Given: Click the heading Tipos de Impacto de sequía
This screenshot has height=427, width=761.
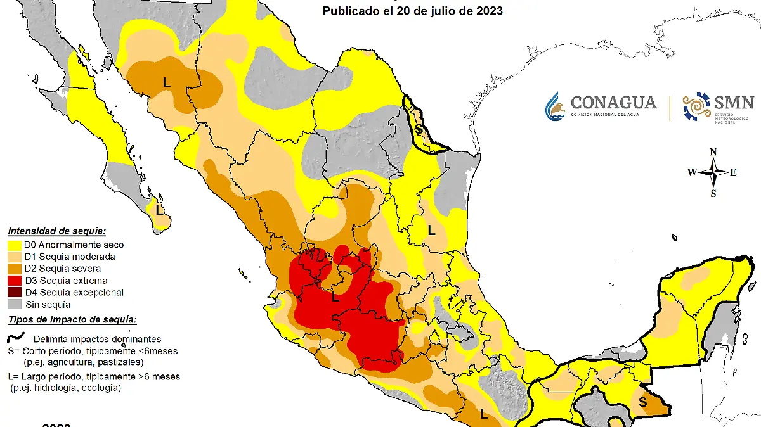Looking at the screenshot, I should pyautogui.click(x=72, y=319).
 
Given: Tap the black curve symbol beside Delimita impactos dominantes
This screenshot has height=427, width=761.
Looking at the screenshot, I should pyautogui.click(x=16, y=337).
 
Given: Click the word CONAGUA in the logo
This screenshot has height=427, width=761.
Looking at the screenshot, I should pyautogui.click(x=604, y=103).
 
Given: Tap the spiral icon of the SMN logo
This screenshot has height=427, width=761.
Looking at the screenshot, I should pyautogui.click(x=696, y=106).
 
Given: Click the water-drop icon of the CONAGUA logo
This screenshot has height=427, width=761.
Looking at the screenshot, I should pyautogui.click(x=555, y=106).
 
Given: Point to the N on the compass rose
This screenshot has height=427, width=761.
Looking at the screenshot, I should pyautogui.click(x=713, y=151).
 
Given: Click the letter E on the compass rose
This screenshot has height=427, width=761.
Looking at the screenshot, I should pyautogui.click(x=733, y=172).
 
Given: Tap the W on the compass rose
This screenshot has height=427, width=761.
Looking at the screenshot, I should pyautogui.click(x=692, y=172).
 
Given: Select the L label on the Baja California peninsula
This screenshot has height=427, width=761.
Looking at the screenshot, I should pyautogui.click(x=160, y=208).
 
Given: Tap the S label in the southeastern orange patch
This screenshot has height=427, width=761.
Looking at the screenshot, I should pyautogui.click(x=643, y=402).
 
